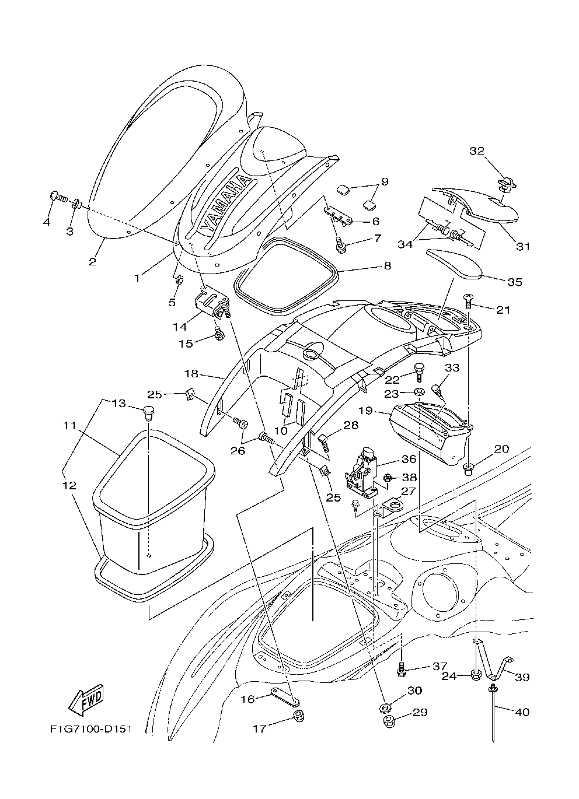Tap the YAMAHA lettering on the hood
click(x=225, y=201)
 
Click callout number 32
click(x=477, y=151)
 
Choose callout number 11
click(x=71, y=426)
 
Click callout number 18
click(x=191, y=373)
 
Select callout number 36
click(x=406, y=459)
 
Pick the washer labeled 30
click(x=385, y=709)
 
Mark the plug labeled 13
click(x=149, y=412)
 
